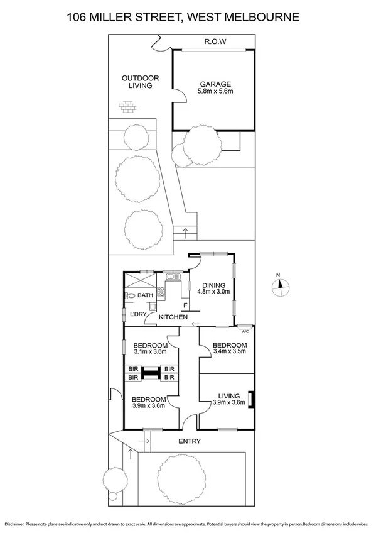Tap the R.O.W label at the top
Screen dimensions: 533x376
pyautogui.click(x=215, y=42)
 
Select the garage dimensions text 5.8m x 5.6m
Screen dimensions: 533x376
pyautogui.click(x=215, y=92)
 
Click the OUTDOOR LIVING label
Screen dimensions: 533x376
pyautogui.click(x=141, y=82)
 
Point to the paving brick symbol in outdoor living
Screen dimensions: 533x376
pyautogui.click(x=128, y=108)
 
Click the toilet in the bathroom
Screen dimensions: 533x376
pyautogui.click(x=131, y=295)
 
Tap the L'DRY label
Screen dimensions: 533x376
pyautogui.click(x=137, y=314)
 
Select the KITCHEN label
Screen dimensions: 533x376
pyautogui.click(x=173, y=318)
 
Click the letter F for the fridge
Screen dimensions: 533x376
pyautogui.click(x=185, y=306)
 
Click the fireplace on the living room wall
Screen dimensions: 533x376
pyautogui.click(x=251, y=400)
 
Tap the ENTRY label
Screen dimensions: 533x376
pyautogui.click(x=189, y=442)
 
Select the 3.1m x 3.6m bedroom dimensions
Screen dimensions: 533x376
pyautogui.click(x=150, y=354)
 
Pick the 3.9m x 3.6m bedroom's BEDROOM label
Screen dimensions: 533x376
pyautogui.click(x=149, y=399)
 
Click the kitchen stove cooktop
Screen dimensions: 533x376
pyautogui.click(x=161, y=291)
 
